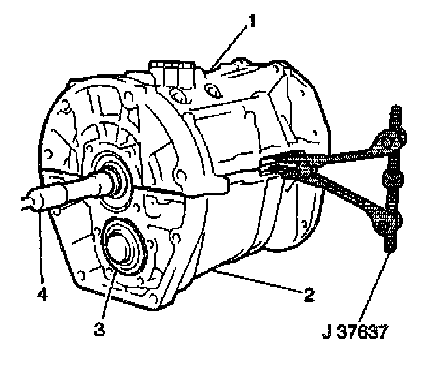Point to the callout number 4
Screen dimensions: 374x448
tap(41, 295)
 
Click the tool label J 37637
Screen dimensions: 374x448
tap(355, 334)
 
